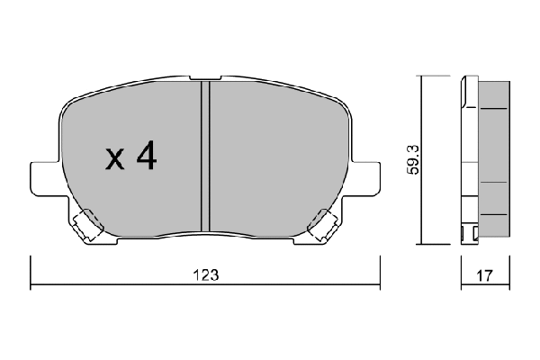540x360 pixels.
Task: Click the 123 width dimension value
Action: (205, 275)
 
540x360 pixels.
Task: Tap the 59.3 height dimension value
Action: (414, 159)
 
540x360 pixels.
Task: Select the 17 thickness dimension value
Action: (485, 275)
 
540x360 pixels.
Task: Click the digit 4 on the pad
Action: (147, 156)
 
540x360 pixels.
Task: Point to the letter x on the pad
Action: (114, 159)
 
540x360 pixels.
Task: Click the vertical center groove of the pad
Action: (205, 156)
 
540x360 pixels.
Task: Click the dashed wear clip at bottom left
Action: (87, 225)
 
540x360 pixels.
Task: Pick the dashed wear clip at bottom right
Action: (323, 225)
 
